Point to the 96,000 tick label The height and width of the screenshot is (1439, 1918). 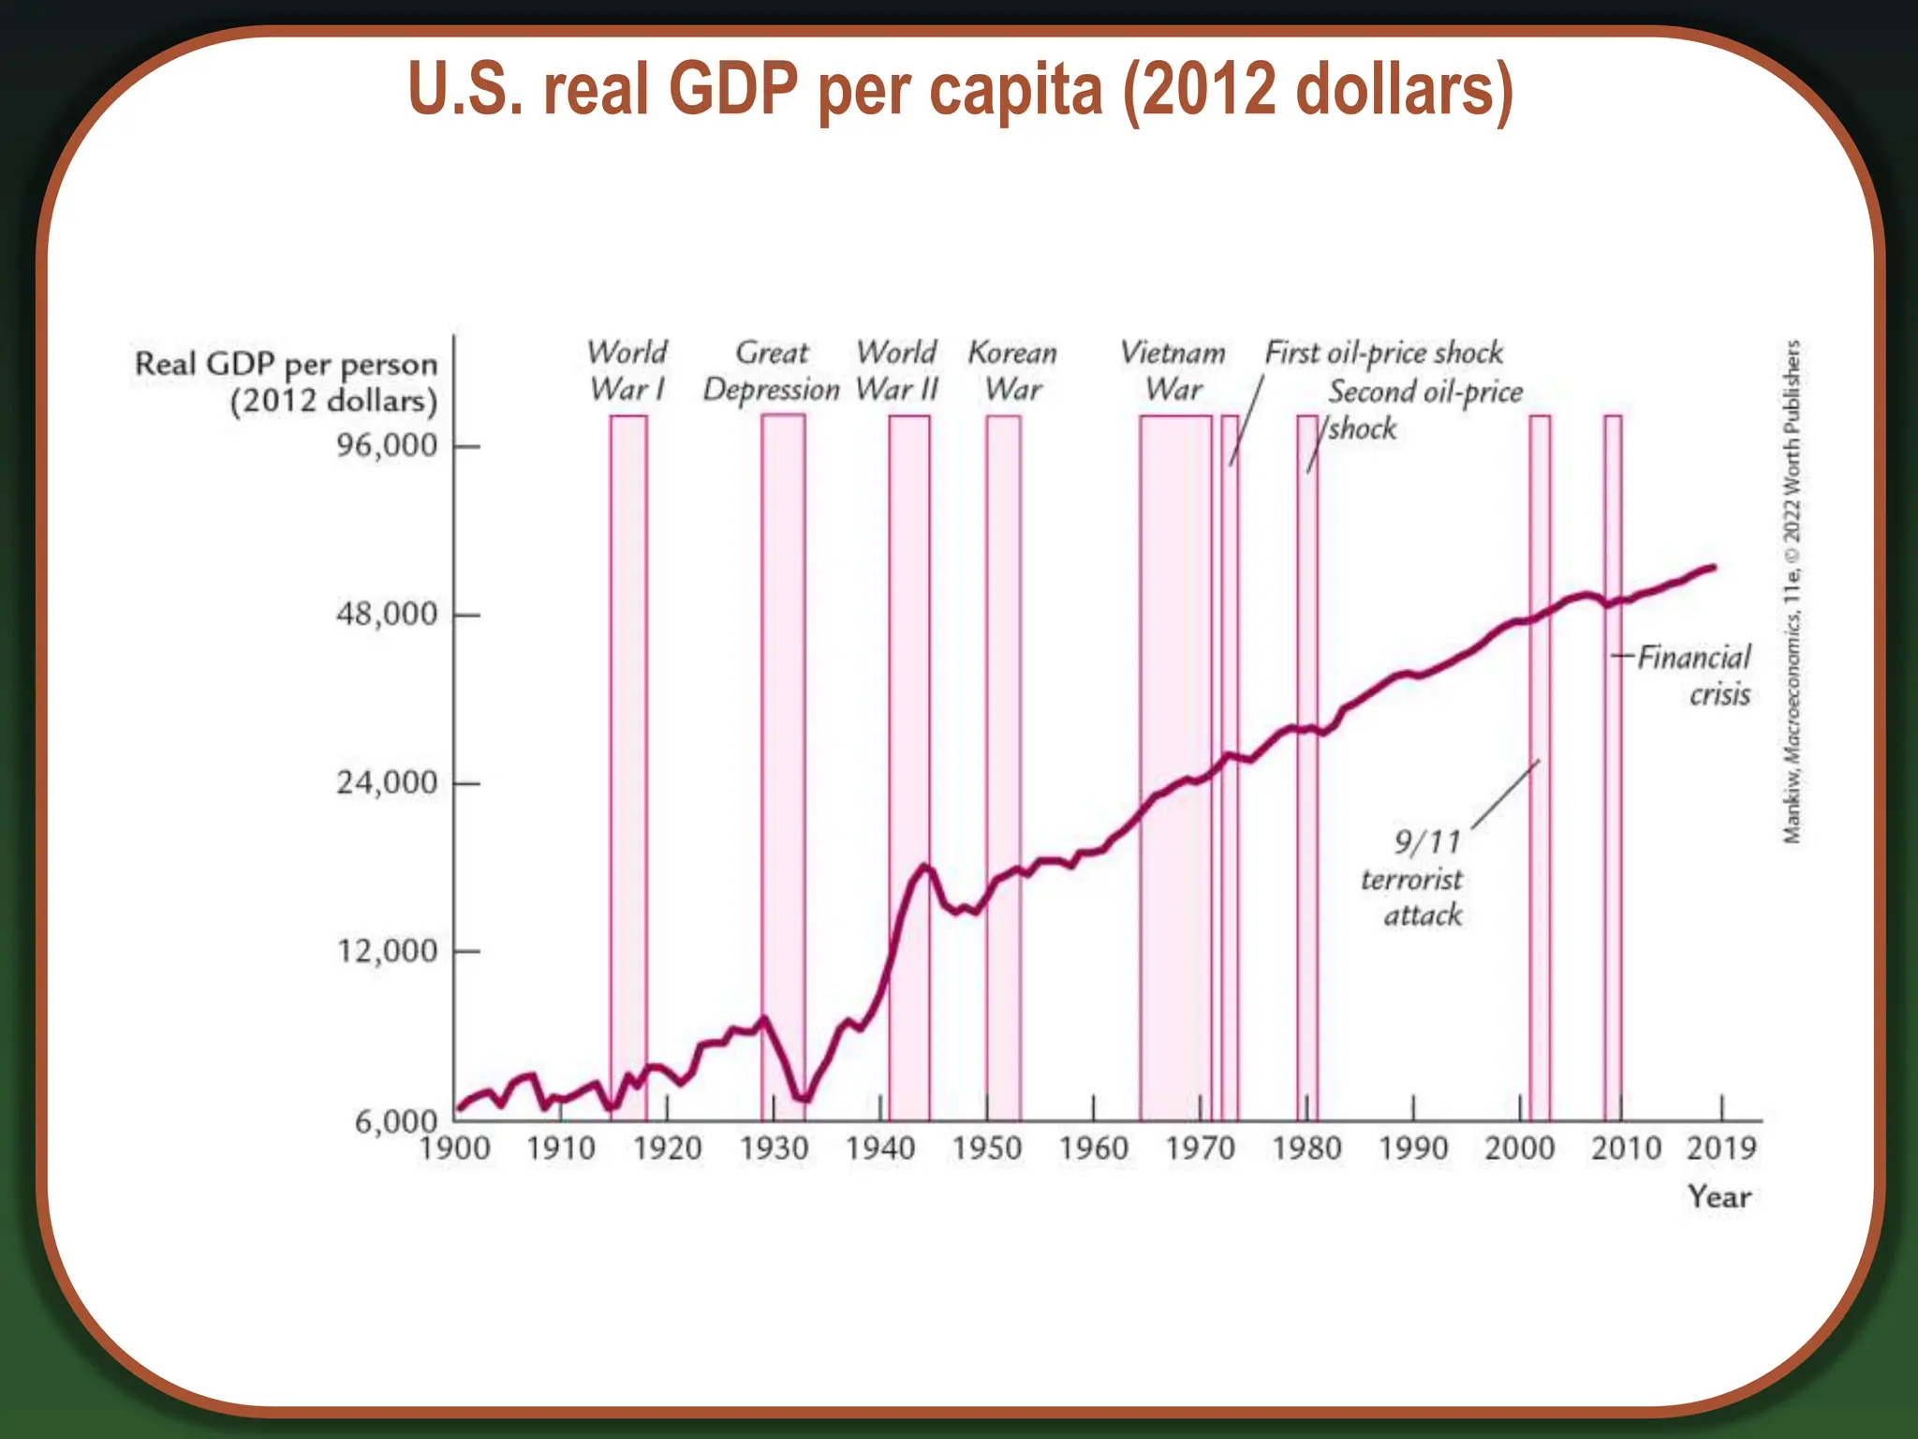[x=387, y=446]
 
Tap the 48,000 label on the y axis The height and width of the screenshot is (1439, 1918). [x=387, y=615]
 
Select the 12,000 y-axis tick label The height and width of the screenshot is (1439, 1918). [x=387, y=952]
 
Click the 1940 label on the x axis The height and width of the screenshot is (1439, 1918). [x=880, y=1149]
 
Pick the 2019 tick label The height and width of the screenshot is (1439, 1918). [x=1721, y=1149]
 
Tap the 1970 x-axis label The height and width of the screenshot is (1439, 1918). [x=1200, y=1149]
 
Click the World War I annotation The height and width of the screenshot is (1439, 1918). [x=627, y=371]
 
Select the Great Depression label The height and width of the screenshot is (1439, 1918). [x=772, y=371]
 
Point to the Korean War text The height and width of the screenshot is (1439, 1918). [x=1012, y=371]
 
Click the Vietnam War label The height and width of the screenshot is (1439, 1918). [x=1173, y=371]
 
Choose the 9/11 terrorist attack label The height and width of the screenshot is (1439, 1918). [x=1414, y=879]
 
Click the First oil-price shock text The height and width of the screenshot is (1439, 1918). [x=1383, y=353]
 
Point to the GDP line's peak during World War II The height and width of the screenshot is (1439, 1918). [x=925, y=867]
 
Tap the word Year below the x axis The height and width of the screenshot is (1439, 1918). [x=1719, y=1197]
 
